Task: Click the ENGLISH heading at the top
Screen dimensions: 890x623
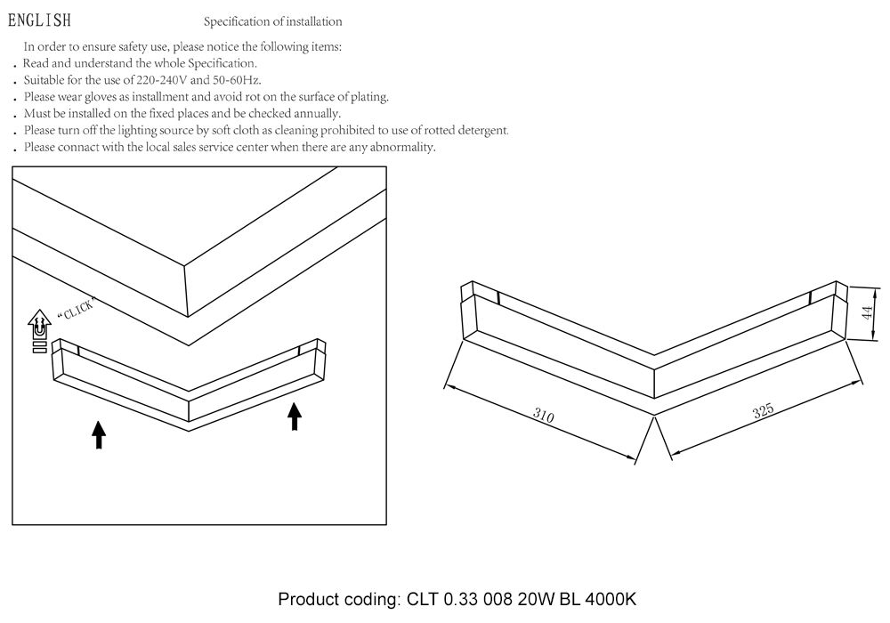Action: (39, 20)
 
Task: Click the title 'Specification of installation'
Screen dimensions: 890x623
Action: (273, 21)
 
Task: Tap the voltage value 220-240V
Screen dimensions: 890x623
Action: (162, 80)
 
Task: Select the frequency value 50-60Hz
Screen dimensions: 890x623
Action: (237, 80)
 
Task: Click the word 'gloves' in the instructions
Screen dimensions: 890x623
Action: (100, 97)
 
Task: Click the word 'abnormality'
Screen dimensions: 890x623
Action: (402, 148)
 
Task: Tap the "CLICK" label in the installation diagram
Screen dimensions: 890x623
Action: (76, 309)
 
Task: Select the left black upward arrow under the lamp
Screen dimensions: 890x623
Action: (99, 434)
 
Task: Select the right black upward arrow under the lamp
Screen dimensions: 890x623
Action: (294, 417)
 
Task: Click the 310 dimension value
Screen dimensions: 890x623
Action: (543, 416)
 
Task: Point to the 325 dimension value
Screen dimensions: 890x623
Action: (763, 410)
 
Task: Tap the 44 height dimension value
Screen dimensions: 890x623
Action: (867, 312)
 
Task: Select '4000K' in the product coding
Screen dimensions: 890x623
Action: (611, 599)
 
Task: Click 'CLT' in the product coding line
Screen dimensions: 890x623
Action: (422, 599)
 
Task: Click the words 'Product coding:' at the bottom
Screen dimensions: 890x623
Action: (339, 600)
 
